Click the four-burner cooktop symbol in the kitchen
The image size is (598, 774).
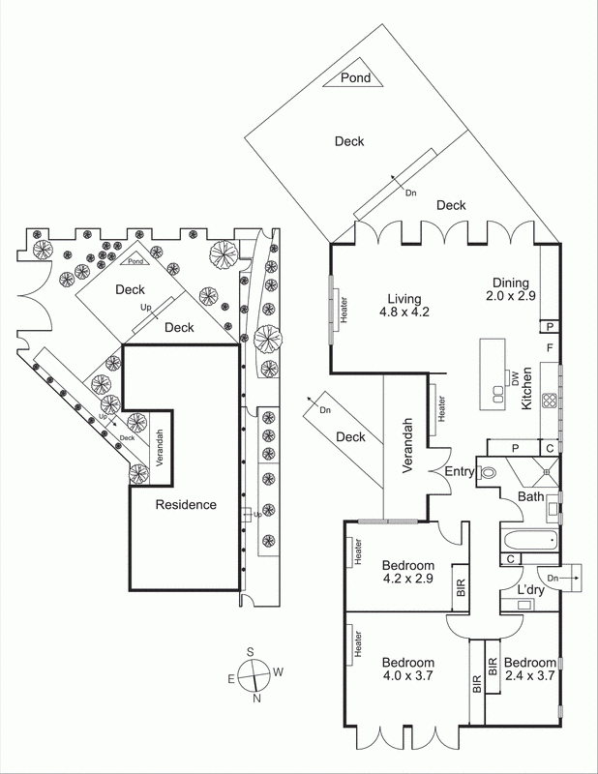click(x=548, y=400)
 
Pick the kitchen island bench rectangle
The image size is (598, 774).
click(x=494, y=363)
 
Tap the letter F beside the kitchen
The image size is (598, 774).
click(x=549, y=346)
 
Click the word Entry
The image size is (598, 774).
click(x=459, y=471)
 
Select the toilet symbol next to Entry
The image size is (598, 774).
click(x=488, y=473)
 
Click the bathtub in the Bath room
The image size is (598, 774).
click(x=528, y=539)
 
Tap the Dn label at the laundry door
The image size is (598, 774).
click(x=553, y=579)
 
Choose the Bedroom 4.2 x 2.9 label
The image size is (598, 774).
click(x=407, y=572)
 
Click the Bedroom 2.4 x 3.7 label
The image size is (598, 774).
click(x=528, y=669)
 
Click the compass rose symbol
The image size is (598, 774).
click(x=254, y=675)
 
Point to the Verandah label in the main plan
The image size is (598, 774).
click(x=408, y=446)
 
